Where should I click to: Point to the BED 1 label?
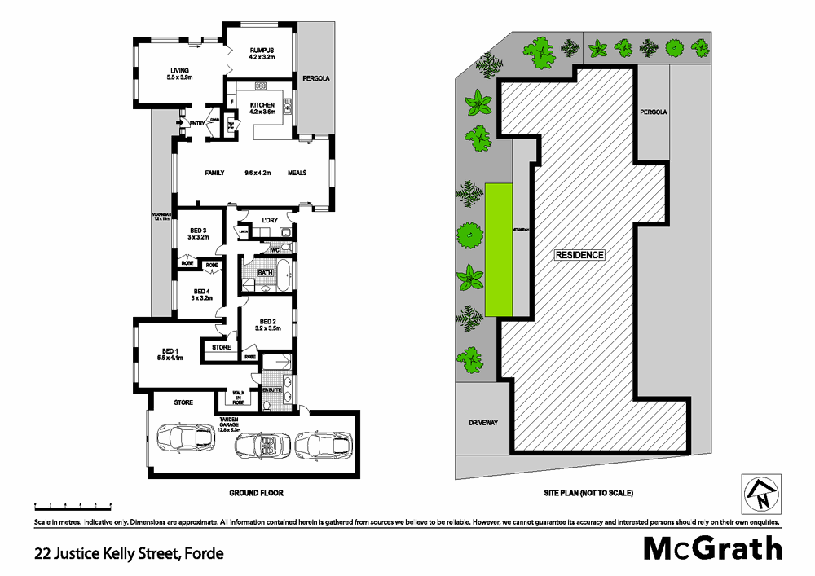(172, 350)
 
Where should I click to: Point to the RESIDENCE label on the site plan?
(579, 255)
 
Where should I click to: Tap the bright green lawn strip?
(499, 249)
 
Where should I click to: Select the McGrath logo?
(713, 548)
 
